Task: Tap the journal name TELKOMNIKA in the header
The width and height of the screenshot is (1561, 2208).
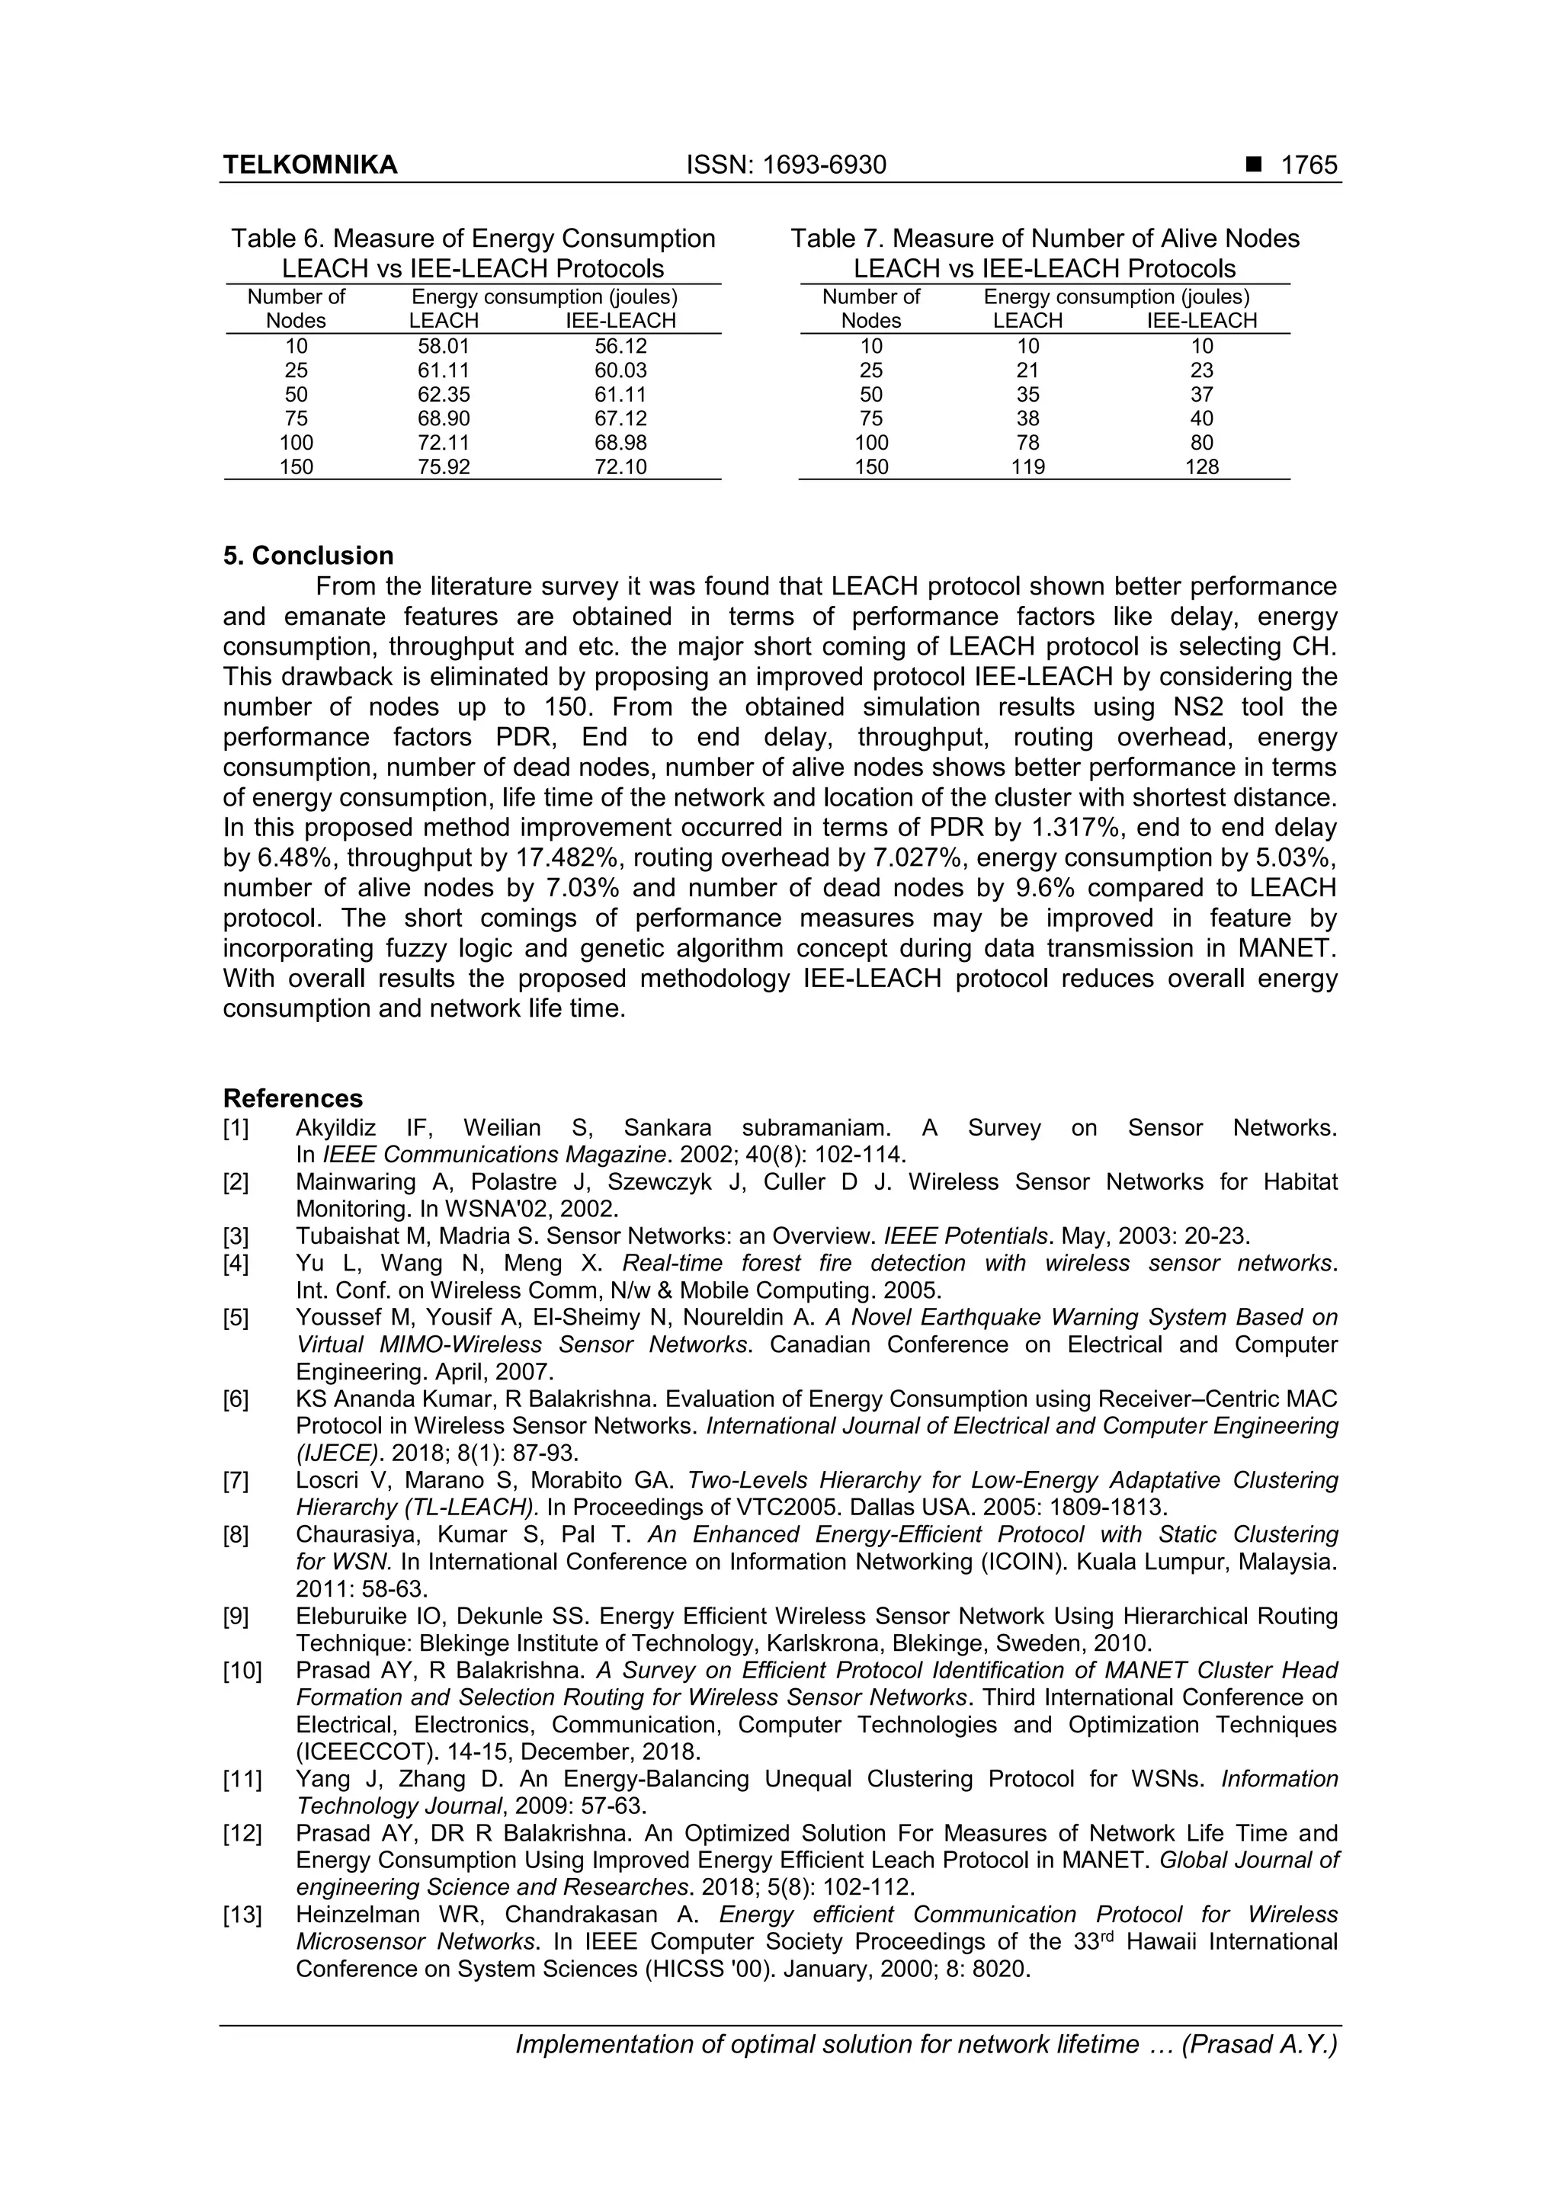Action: [309, 165]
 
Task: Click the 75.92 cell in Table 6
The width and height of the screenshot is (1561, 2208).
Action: [444, 467]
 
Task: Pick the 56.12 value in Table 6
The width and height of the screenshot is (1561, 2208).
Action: [620, 346]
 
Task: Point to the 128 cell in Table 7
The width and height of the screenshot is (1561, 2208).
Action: [1201, 467]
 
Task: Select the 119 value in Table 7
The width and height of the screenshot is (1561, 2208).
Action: [1027, 467]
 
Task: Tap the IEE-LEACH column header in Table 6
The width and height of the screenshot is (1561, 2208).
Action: [620, 321]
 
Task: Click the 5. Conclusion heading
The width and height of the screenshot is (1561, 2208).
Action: [308, 556]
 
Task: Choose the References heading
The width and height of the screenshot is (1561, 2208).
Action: [293, 1098]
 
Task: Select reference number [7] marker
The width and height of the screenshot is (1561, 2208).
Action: [236, 1480]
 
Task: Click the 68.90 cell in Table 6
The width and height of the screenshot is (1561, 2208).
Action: [444, 418]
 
